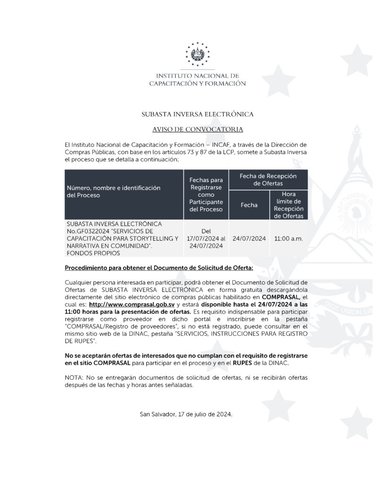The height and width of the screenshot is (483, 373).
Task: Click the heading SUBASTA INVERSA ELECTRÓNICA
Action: click(x=198, y=114)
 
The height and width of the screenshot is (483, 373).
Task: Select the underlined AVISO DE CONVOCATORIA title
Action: click(x=198, y=129)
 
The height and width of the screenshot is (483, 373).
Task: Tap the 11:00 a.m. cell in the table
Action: click(x=289, y=238)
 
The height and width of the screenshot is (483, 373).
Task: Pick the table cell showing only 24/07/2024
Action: click(x=249, y=238)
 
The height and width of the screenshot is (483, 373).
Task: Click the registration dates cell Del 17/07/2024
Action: click(x=206, y=238)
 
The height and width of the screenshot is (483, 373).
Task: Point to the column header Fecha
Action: click(x=249, y=205)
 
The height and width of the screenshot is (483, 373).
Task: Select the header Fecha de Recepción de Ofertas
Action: click(x=268, y=180)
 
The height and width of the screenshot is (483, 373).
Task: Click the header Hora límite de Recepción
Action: click(x=289, y=205)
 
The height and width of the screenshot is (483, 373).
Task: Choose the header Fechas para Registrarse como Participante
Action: click(x=206, y=194)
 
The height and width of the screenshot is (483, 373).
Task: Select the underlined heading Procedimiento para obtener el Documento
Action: click(x=159, y=268)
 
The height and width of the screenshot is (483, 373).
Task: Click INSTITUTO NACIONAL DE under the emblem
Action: click(x=198, y=75)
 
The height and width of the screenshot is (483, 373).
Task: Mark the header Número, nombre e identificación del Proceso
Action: click(x=113, y=191)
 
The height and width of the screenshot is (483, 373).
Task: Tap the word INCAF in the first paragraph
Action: click(x=243, y=144)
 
